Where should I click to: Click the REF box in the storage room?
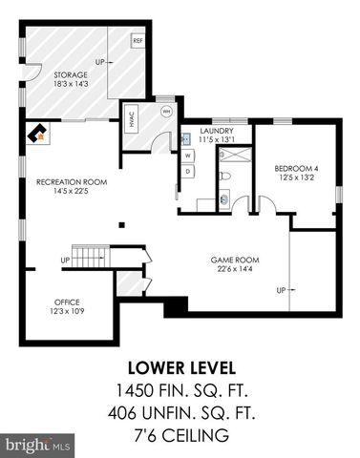click(138, 41)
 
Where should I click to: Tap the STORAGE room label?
click(70, 75)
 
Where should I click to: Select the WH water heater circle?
click(166, 111)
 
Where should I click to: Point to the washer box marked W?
click(188, 155)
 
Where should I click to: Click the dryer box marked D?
click(188, 171)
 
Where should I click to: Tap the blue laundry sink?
click(187, 136)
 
